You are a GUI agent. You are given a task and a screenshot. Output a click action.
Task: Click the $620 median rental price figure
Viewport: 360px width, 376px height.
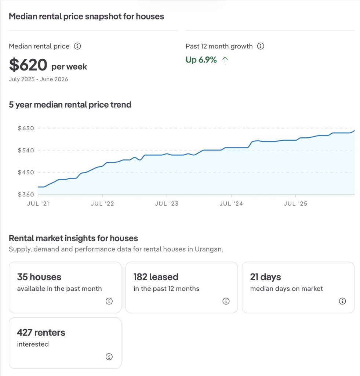point(28,65)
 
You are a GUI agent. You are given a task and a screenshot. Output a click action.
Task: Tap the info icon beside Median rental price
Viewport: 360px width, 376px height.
point(77,46)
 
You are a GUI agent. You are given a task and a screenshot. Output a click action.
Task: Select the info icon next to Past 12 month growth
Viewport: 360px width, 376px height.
point(261,46)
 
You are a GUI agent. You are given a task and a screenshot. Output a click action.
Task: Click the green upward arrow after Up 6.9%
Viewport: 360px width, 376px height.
point(225,60)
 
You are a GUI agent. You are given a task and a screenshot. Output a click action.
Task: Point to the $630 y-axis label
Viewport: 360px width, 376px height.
point(26,128)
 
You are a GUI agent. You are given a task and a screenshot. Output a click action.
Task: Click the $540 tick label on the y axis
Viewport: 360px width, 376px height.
point(26,150)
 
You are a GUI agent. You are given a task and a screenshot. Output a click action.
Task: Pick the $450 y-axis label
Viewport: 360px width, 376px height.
point(26,172)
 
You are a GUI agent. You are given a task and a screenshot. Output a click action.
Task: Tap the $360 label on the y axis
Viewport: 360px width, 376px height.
point(26,194)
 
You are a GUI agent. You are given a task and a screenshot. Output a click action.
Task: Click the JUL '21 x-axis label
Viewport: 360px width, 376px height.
point(38,203)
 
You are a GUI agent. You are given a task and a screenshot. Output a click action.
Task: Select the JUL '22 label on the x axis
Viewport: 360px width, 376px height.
point(102,203)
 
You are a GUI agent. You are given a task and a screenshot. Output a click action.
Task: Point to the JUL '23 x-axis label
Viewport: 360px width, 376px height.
point(167,203)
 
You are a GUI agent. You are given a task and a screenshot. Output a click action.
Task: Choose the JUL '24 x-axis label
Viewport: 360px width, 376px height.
point(231,203)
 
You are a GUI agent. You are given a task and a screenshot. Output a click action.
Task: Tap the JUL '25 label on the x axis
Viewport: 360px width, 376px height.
point(295,203)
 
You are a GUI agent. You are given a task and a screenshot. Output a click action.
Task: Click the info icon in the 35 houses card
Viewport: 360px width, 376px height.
point(109,301)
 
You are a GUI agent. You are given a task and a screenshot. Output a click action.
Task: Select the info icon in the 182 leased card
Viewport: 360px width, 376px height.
point(226,301)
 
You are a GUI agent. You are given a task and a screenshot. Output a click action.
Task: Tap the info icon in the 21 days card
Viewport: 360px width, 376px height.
point(342,301)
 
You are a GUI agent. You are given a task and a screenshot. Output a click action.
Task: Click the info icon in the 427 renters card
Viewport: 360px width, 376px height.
point(109,357)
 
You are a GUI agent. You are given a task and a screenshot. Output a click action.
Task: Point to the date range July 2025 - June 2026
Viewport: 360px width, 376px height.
point(39,79)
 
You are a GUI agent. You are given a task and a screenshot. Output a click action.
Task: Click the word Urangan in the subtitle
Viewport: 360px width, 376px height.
point(208,249)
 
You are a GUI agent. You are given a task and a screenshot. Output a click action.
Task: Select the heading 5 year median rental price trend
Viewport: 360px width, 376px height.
point(70,105)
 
